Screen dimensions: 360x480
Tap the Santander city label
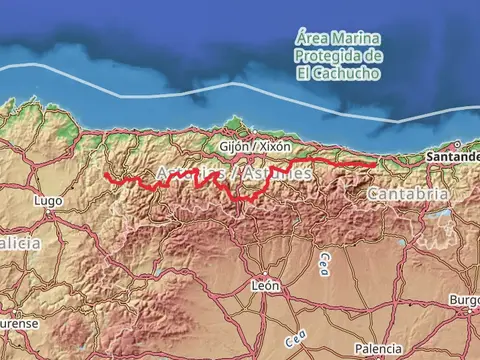452,157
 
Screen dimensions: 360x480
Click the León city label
265,285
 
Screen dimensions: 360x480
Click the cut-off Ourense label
19,324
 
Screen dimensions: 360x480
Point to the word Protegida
322,56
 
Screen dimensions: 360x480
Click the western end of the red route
106,176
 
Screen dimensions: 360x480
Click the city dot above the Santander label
457,145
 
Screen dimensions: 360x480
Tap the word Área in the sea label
312,39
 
